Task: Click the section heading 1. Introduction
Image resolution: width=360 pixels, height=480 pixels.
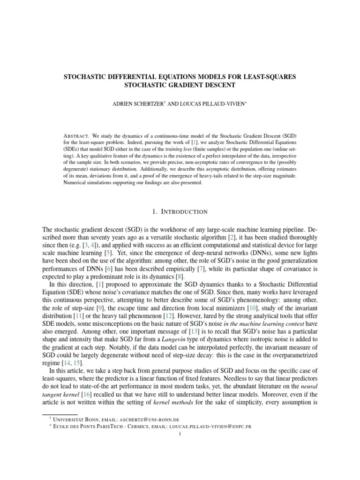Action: [180, 212]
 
